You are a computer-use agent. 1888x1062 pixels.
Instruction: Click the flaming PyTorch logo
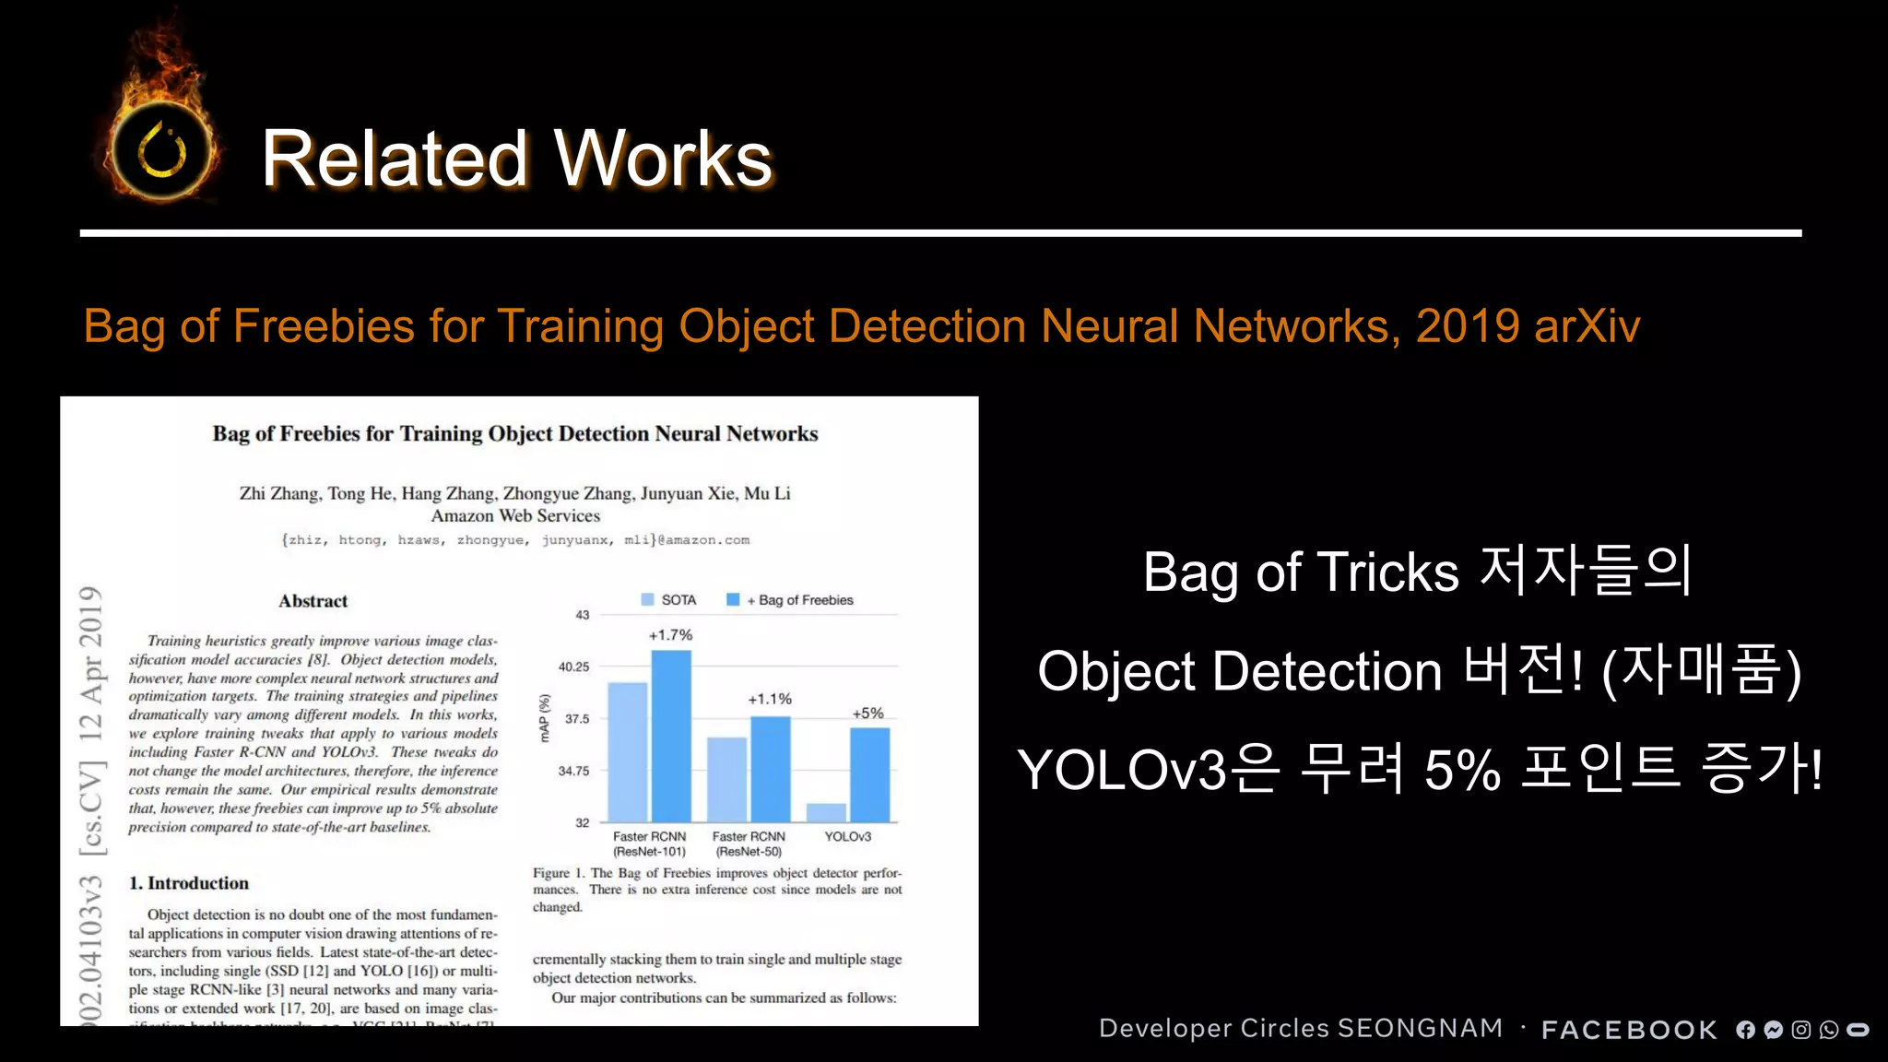pos(162,147)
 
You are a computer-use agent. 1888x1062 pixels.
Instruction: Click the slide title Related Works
pos(516,159)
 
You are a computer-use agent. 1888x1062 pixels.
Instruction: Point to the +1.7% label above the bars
pos(670,635)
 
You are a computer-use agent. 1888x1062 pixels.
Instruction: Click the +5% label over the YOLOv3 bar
pos(867,714)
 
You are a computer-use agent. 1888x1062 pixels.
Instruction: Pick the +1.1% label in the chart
pos(770,700)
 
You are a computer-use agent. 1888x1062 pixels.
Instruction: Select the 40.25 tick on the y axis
pos(573,667)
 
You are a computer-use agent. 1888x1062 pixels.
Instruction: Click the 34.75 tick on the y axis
pos(573,771)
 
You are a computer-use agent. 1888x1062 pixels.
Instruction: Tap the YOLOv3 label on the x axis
pos(847,836)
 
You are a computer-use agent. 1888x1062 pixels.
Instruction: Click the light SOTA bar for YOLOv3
pos(826,812)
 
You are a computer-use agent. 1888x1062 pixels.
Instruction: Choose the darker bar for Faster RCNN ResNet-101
pos(671,736)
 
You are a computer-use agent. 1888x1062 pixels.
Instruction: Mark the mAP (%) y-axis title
pos(545,718)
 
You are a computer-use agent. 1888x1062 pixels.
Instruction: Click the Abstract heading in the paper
pos(313,601)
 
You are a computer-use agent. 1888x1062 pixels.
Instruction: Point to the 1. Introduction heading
pos(189,883)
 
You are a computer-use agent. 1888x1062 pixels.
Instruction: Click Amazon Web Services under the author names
pos(515,516)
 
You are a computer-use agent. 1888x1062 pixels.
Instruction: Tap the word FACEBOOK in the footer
pos(1629,1030)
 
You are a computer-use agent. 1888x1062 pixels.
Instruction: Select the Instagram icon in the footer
pos(1800,1030)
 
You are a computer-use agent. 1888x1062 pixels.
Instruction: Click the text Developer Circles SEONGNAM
pos(1301,1028)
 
